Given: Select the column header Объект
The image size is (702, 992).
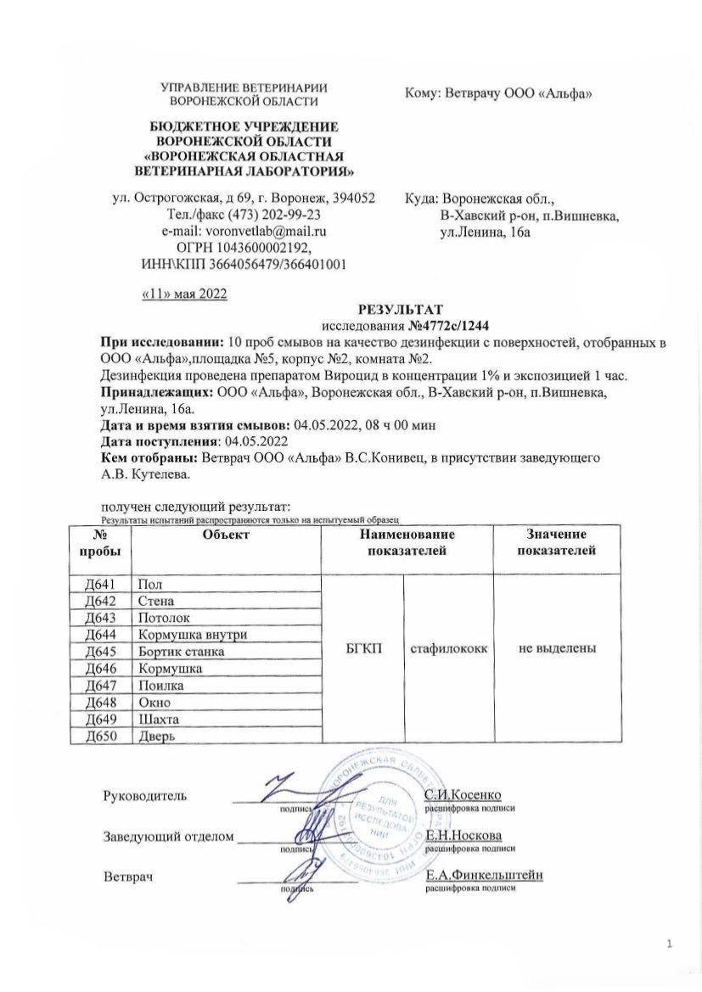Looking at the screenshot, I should pyautogui.click(x=225, y=534).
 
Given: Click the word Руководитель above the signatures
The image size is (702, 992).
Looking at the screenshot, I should pyautogui.click(x=145, y=795).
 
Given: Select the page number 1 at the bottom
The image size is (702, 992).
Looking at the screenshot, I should pyautogui.click(x=670, y=944).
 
